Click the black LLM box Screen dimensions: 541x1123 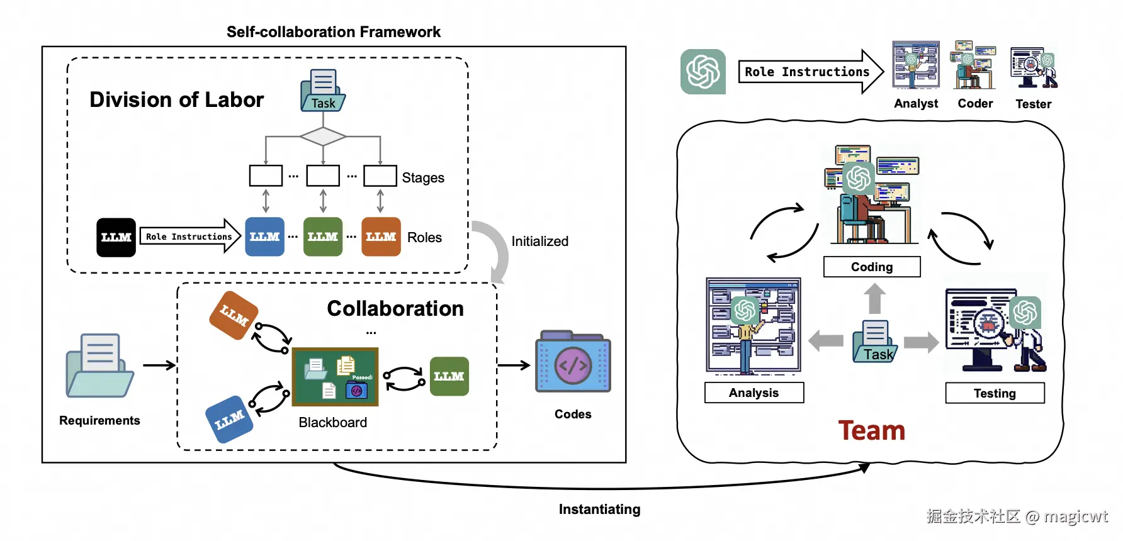116,237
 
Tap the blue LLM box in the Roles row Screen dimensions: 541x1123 264,237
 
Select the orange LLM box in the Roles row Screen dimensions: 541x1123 381,237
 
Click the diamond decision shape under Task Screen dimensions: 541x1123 323,136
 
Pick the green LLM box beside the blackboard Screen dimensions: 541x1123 449,376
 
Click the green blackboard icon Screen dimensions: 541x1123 335,377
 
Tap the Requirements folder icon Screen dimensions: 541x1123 99,366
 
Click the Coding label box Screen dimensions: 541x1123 872,267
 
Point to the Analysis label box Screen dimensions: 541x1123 754,393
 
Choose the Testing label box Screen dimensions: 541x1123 995,393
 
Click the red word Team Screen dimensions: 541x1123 871,431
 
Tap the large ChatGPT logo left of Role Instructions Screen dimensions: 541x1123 703,72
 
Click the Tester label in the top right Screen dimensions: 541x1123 1033,104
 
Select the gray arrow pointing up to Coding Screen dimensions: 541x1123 874,298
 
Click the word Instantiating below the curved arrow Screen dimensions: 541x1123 599,509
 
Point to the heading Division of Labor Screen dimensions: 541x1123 176,99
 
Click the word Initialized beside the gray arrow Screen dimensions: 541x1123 539,241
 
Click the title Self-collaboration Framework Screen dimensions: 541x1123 333,31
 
